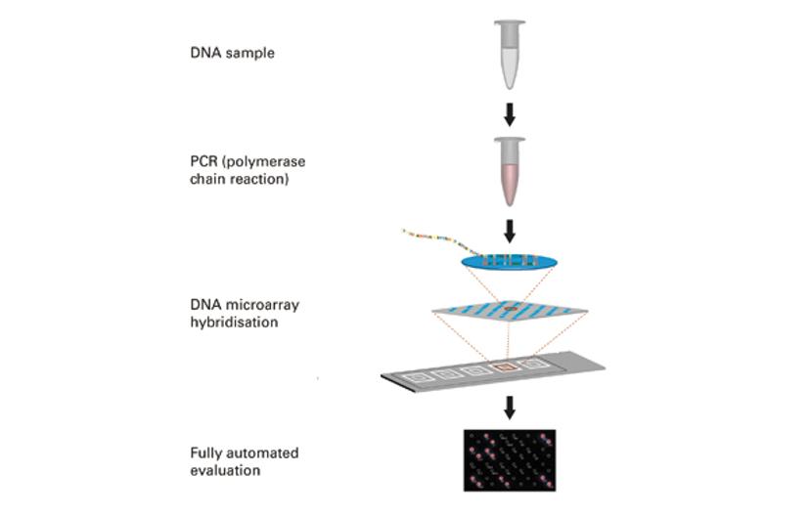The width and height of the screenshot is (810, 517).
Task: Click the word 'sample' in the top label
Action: pos(248,54)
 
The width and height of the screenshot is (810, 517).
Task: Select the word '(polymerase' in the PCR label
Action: pos(257,161)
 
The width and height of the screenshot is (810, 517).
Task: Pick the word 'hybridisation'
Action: pos(232,322)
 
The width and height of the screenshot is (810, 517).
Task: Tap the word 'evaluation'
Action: pos(225,470)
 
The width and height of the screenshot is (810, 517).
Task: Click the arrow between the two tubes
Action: pos(509,115)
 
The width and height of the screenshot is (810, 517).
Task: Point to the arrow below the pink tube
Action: pos(509,231)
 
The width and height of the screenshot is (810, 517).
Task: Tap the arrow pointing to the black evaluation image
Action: pos(509,407)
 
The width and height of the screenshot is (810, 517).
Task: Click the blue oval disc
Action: pos(508,261)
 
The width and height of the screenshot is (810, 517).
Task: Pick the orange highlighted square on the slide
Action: pos(505,367)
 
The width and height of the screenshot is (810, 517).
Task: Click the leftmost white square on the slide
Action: pos(421,374)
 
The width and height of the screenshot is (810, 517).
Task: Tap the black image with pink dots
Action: pos(509,458)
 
